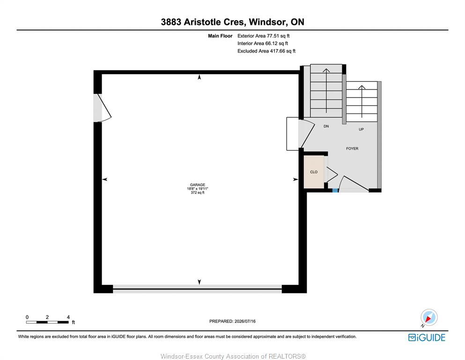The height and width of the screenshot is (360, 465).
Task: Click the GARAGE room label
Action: tap(198, 185)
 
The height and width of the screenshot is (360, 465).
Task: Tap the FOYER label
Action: tap(352, 149)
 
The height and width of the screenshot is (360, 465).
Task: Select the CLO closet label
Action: tap(314, 172)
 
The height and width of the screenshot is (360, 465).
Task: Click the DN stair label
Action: tap(326, 126)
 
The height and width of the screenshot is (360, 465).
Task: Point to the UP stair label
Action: tap(361, 129)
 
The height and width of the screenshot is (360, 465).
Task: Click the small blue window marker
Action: tap(335, 190)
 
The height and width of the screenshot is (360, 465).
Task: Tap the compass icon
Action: tap(429, 317)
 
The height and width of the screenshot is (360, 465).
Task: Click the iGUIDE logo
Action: tap(427, 337)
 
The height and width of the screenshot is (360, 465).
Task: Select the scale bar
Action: tap(47, 322)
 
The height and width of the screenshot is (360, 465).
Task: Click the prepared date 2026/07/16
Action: tap(245, 321)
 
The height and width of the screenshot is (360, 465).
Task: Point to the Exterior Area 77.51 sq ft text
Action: tap(263, 36)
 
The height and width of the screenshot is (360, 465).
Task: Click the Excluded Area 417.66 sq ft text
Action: tap(266, 51)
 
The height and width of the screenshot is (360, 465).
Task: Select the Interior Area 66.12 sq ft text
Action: tap(263, 43)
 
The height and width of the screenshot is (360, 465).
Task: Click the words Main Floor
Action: tap(220, 36)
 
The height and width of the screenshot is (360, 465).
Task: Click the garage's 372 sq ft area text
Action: tap(198, 193)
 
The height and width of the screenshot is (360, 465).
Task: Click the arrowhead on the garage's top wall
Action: tap(199, 77)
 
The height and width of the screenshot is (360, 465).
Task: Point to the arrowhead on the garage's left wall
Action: tap(105, 179)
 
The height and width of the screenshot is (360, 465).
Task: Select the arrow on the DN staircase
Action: tap(326, 91)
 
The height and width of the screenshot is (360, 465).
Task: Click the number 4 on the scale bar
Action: tap(68, 317)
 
